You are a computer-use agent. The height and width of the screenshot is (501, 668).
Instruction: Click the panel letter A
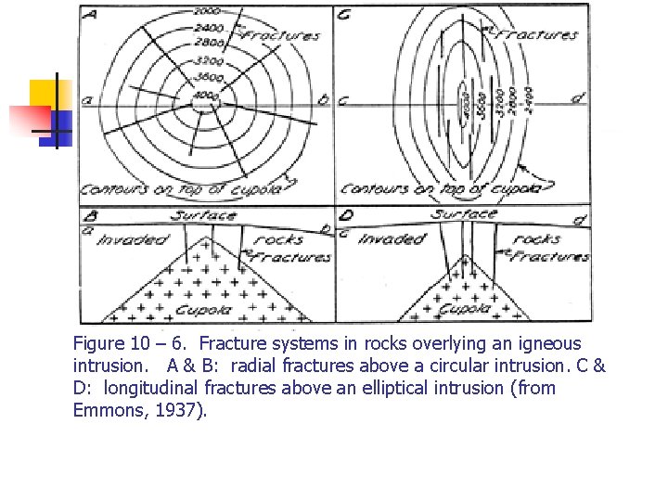pyautogui.click(x=92, y=15)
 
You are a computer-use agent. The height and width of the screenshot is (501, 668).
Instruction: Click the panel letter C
pyautogui.click(x=343, y=16)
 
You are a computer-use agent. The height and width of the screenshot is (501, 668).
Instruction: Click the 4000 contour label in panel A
pyautogui.click(x=204, y=96)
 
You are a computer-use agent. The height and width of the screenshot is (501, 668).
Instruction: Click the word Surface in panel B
pyautogui.click(x=203, y=216)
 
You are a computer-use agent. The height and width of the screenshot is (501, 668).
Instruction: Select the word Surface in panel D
pyautogui.click(x=464, y=215)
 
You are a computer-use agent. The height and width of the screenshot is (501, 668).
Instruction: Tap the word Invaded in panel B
pyautogui.click(x=133, y=239)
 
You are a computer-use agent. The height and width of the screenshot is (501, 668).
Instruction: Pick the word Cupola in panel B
pyautogui.click(x=205, y=310)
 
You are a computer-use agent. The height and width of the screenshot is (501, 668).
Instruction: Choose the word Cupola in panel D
pyautogui.click(x=465, y=310)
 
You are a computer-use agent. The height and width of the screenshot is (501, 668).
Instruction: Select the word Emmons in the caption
pyautogui.click(x=109, y=409)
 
